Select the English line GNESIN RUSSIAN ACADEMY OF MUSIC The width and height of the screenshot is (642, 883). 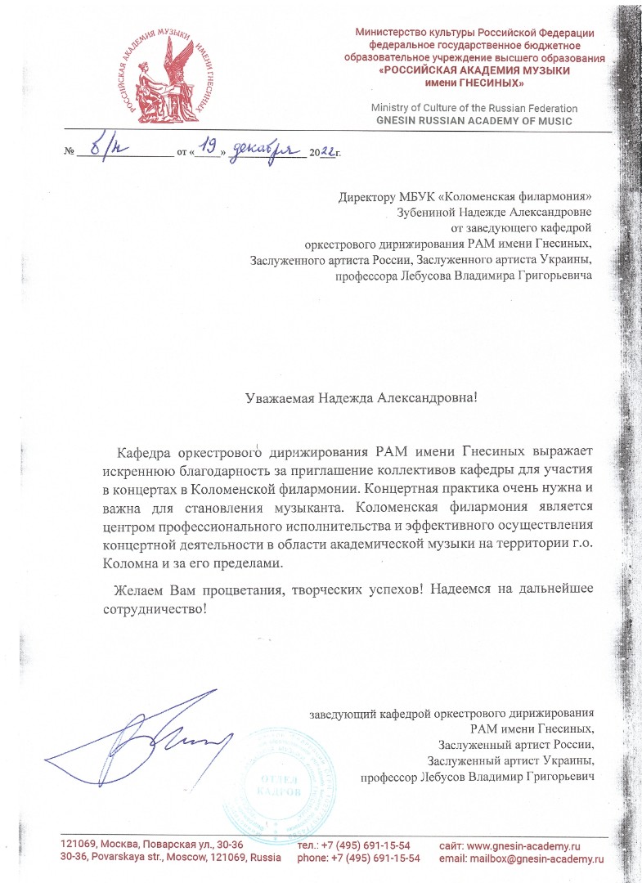[474, 120]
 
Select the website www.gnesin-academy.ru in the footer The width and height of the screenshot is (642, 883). [533, 845]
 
